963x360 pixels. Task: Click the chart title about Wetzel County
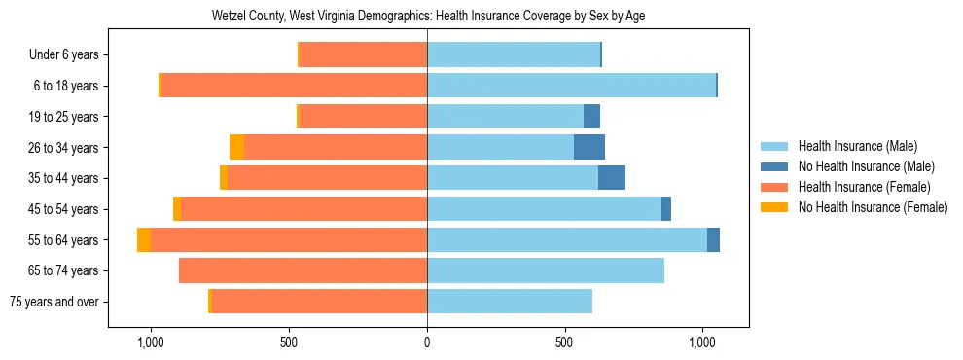click(x=428, y=17)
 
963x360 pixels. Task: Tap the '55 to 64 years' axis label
click(x=63, y=240)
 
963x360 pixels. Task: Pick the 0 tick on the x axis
click(x=427, y=342)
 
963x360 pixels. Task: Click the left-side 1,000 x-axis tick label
click(x=151, y=342)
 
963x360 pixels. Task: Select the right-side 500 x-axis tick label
click(x=565, y=342)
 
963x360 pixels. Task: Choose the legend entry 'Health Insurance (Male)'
click(x=857, y=146)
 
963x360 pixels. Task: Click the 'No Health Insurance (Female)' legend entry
click(x=873, y=207)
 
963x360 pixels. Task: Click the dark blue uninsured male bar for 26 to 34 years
click(x=589, y=148)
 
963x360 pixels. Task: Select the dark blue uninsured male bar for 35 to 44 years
click(x=612, y=178)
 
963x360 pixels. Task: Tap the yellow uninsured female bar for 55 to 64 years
click(x=144, y=240)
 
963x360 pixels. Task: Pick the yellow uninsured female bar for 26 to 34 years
click(x=236, y=148)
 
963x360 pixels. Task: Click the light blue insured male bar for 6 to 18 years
click(x=571, y=86)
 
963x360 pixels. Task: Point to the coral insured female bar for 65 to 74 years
click(x=303, y=270)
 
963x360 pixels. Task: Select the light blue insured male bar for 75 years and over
click(x=510, y=302)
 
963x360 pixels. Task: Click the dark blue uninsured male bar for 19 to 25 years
click(x=591, y=117)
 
